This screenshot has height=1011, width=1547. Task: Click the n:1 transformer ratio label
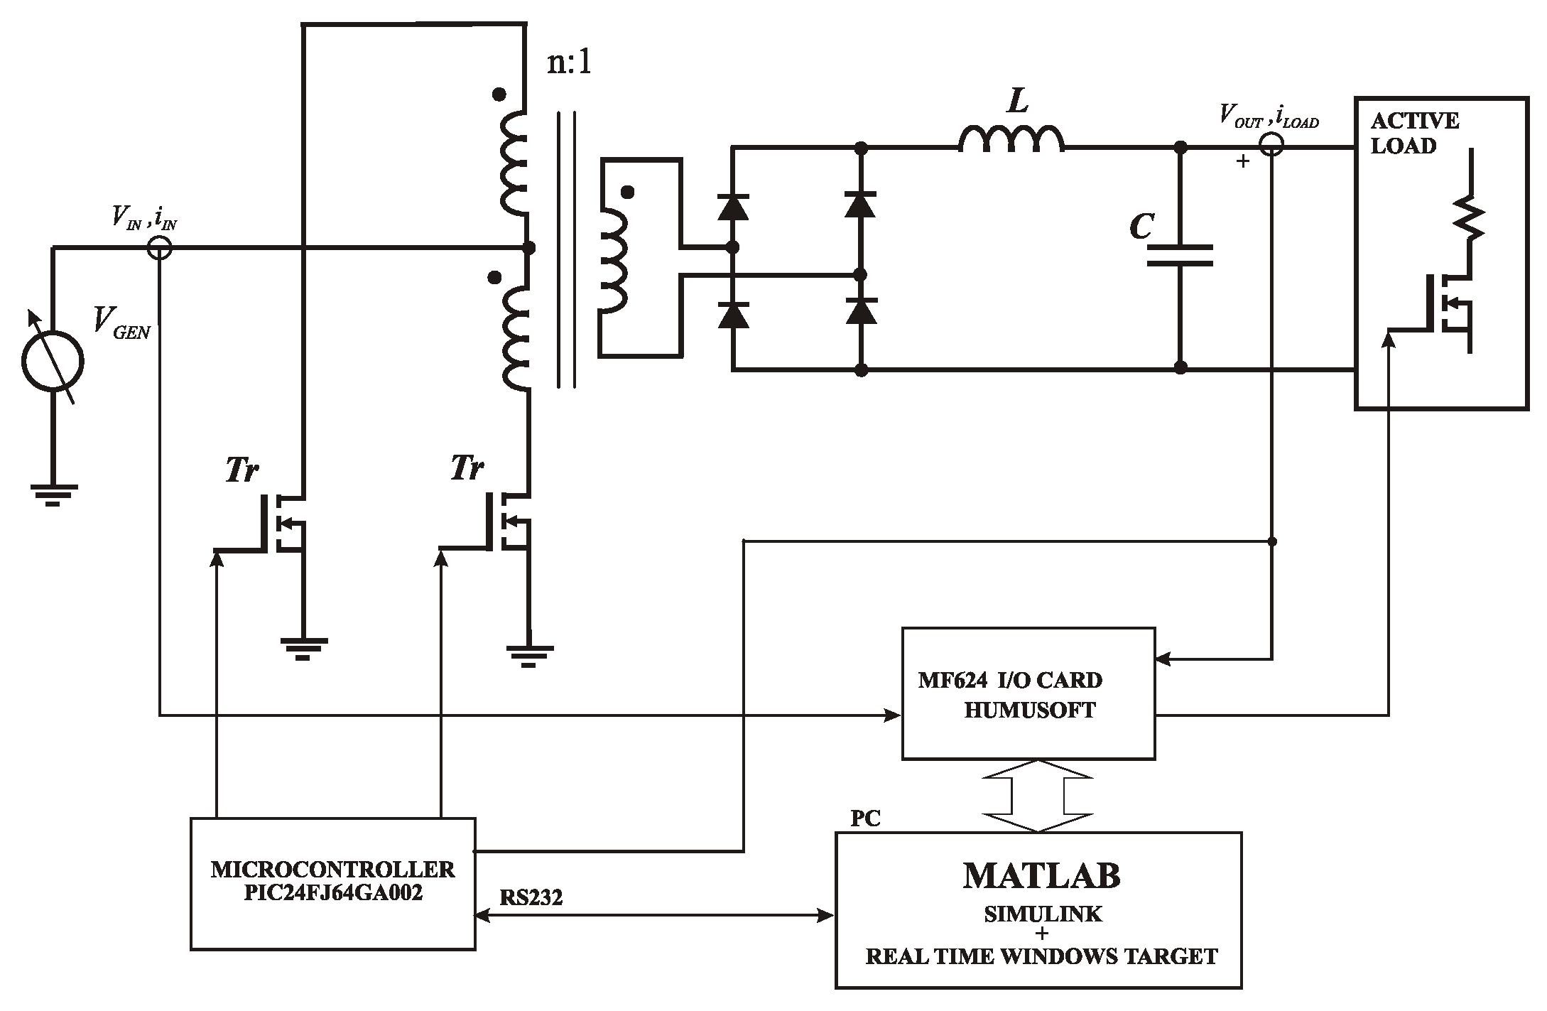point(569,64)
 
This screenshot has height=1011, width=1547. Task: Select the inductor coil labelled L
point(1011,139)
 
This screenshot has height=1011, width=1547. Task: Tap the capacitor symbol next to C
point(1180,256)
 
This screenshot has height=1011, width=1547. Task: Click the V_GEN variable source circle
point(53,361)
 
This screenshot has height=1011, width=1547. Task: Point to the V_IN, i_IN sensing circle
point(159,248)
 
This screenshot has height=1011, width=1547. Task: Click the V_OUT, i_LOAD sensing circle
point(1271,146)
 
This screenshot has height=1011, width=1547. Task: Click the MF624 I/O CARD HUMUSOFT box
point(1028,693)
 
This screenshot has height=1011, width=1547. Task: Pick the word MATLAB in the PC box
point(1041,876)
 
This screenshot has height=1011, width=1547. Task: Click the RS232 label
point(531,898)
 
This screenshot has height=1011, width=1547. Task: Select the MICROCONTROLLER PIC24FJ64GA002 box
point(332,883)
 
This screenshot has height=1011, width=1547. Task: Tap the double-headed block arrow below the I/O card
point(1038,796)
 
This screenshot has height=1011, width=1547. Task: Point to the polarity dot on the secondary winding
point(627,192)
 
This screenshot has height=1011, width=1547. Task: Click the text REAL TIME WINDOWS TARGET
point(1041,956)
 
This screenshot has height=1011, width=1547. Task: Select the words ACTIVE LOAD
point(1413,133)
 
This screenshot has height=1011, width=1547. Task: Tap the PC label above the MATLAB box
point(865,818)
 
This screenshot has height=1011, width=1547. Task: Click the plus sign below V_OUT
point(1242,161)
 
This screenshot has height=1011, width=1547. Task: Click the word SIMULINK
point(1042,914)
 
